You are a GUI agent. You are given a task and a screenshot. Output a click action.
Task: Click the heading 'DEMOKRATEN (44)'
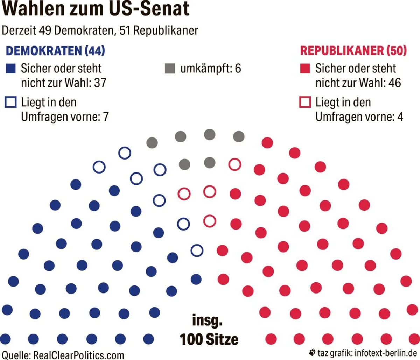55,51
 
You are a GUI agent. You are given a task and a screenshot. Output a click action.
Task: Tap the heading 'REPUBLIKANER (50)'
353,51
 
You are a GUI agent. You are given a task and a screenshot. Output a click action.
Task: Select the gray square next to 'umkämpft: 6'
170,68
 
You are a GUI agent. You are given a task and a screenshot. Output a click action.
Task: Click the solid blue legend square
11,68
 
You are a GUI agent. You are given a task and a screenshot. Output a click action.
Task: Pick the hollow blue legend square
11,102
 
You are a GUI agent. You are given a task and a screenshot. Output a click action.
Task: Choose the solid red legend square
305,68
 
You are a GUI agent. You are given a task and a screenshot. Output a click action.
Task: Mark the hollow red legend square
305,102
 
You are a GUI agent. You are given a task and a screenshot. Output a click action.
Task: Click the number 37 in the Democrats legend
100,83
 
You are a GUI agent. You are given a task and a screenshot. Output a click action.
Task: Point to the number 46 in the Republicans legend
394,83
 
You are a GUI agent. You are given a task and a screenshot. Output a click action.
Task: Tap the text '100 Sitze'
209,339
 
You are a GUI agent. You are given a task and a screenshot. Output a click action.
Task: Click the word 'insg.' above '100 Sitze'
207,320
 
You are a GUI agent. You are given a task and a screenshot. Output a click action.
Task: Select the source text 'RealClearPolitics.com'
78,355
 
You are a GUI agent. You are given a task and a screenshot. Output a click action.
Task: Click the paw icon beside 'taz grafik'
313,352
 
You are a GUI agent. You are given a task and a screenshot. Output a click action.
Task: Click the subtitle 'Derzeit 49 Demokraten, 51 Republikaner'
100,30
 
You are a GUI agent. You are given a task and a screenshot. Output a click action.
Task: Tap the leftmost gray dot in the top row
152,142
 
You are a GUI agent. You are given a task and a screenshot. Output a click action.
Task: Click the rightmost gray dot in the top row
239,136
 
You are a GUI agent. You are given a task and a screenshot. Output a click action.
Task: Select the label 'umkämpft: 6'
211,69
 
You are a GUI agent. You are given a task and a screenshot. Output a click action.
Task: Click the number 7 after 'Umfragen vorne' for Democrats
106,117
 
